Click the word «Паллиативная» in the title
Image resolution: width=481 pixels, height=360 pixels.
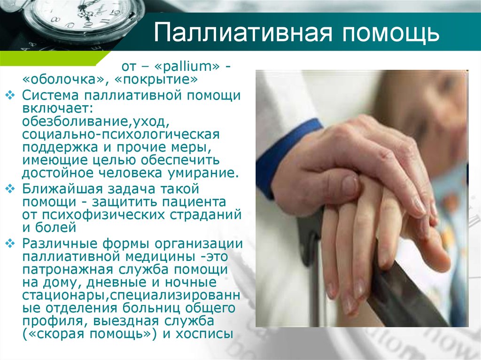[243, 32]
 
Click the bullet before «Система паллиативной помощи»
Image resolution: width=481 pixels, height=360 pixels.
[10, 95]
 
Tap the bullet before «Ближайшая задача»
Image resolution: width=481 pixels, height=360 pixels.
[10, 189]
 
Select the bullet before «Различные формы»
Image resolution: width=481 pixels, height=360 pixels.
[10, 244]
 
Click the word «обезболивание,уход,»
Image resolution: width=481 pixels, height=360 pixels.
[96, 122]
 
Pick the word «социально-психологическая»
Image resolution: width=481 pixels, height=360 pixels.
[121, 135]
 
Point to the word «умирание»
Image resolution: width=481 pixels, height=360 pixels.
[203, 173]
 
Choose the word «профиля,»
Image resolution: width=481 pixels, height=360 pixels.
[55, 321]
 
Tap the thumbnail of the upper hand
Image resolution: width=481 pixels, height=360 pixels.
[349, 184]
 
